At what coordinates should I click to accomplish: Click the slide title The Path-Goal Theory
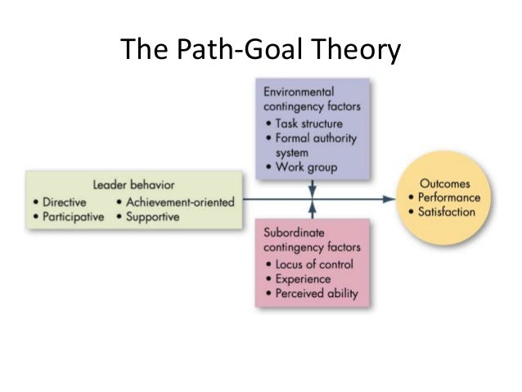click(262, 51)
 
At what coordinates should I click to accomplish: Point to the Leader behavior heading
click(134, 184)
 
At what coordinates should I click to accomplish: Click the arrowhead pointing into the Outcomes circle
click(389, 198)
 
